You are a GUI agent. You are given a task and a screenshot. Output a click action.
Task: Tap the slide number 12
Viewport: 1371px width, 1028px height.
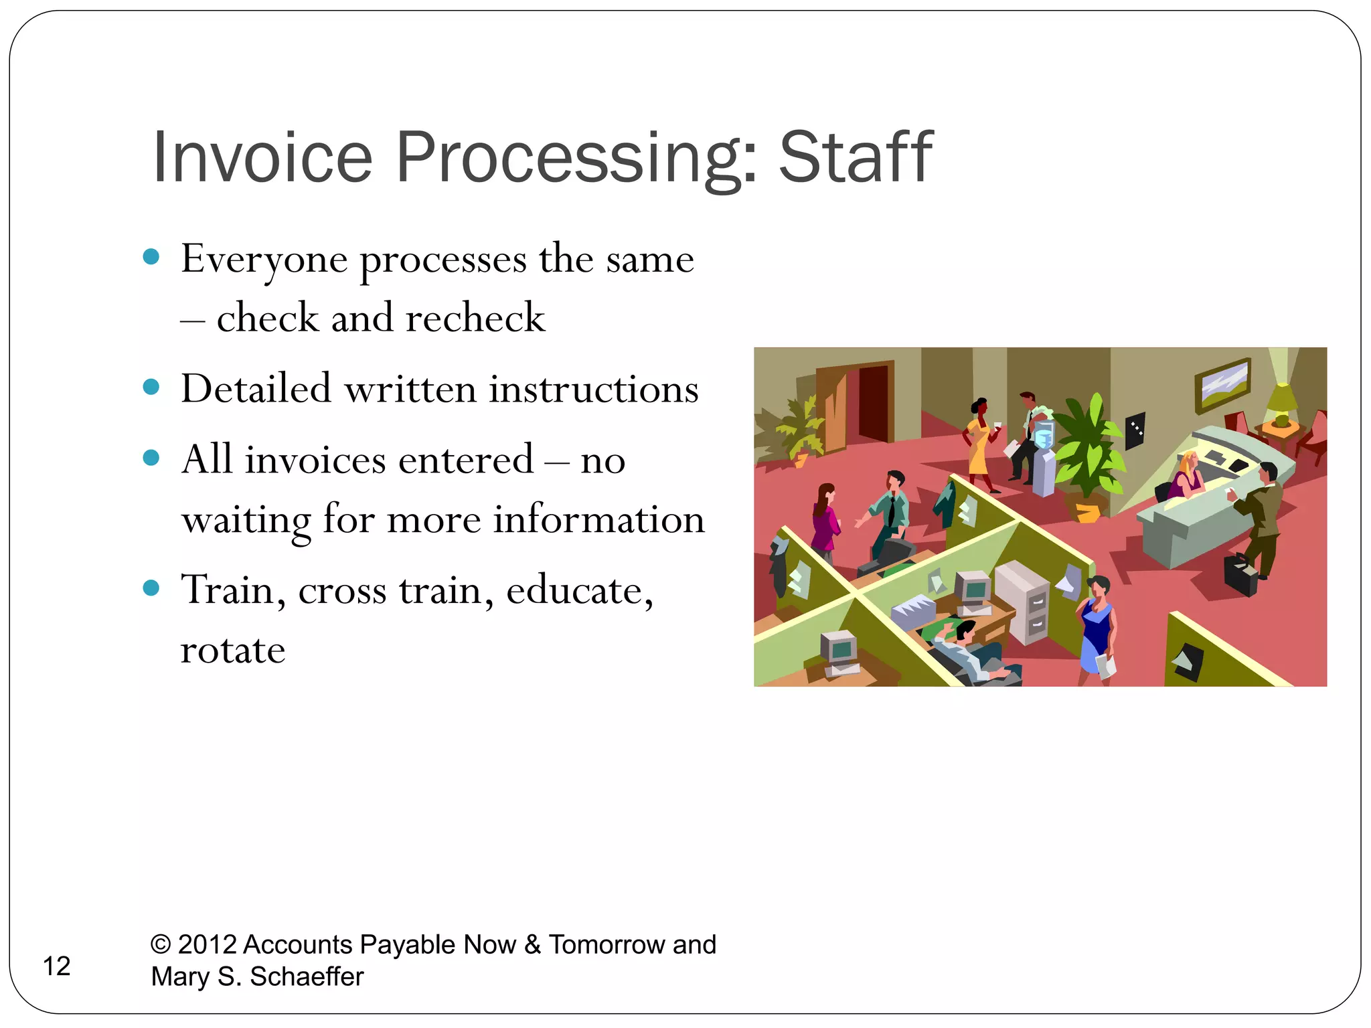[56, 966]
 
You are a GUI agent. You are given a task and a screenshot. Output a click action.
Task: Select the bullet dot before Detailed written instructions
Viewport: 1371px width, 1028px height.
[151, 388]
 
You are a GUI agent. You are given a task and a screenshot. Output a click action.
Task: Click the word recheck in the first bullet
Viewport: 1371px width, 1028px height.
[475, 318]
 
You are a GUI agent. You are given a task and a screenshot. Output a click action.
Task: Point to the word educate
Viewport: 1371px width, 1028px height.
[579, 590]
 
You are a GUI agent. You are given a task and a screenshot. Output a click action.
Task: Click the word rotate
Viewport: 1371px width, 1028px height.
[233, 650]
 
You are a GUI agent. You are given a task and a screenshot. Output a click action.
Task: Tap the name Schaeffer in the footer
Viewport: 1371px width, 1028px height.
[307, 976]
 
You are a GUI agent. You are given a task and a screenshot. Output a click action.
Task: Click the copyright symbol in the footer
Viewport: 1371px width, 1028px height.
[161, 944]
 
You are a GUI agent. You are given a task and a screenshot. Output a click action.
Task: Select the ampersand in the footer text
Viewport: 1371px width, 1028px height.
[532, 944]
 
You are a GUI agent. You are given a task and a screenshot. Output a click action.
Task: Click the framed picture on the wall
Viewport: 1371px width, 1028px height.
[1222, 385]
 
